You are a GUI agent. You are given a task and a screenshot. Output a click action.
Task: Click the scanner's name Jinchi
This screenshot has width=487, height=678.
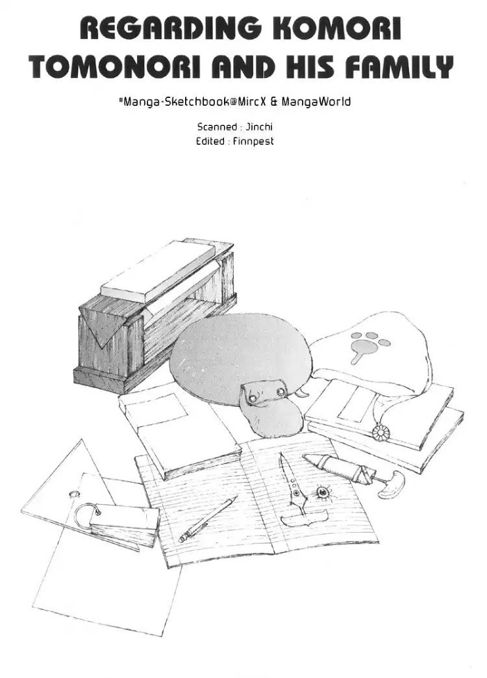click(x=259, y=127)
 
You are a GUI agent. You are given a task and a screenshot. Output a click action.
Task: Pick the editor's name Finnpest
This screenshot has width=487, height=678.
click(x=253, y=142)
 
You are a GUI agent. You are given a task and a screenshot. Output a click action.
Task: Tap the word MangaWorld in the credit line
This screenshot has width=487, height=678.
click(x=316, y=102)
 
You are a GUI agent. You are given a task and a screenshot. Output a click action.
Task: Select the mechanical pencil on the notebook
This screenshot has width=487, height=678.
click(x=208, y=519)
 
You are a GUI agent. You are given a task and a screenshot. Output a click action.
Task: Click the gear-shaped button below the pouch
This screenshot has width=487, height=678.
click(x=381, y=433)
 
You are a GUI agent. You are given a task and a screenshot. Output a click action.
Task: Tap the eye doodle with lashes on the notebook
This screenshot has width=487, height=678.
click(x=323, y=492)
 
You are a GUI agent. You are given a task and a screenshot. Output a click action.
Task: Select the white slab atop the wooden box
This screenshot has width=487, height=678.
click(x=158, y=272)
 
